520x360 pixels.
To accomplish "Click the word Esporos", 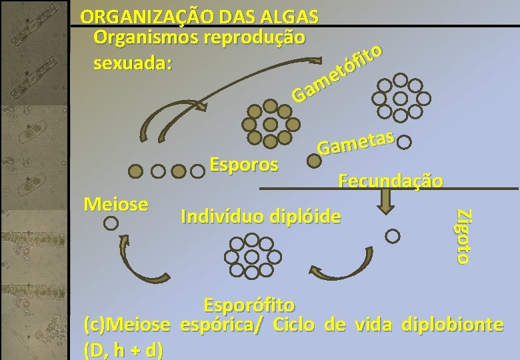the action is point(244,164).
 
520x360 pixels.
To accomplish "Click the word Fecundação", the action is point(391,181).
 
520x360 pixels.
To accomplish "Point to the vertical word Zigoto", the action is point(465,236).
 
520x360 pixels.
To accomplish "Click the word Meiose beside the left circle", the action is point(115,203).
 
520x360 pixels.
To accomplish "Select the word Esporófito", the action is point(249,305).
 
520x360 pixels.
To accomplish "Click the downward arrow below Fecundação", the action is point(385,201).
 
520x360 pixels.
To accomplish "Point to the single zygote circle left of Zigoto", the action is point(393,235).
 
